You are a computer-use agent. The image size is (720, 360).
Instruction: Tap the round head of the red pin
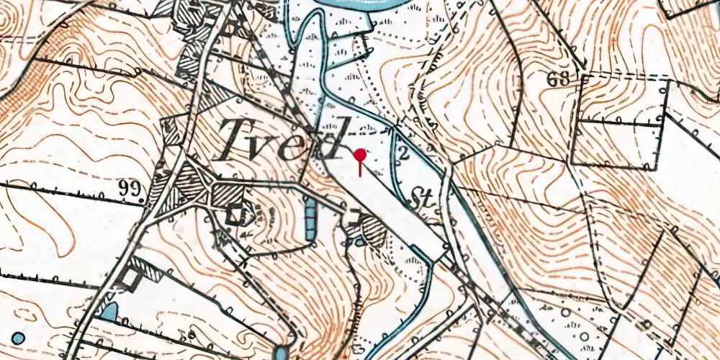tap(361, 154)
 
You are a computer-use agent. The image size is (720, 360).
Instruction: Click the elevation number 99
tap(130, 189)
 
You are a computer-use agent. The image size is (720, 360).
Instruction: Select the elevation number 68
tap(558, 78)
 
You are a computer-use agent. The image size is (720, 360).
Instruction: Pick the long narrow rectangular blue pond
tap(310, 219)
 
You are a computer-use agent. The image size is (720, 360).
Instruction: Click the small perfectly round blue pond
tap(17, 338)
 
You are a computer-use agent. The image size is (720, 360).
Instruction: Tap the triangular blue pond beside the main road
tap(109, 311)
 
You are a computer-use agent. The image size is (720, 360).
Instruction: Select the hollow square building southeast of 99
tap(233, 213)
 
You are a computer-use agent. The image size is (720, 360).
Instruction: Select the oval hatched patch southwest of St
tap(373, 231)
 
